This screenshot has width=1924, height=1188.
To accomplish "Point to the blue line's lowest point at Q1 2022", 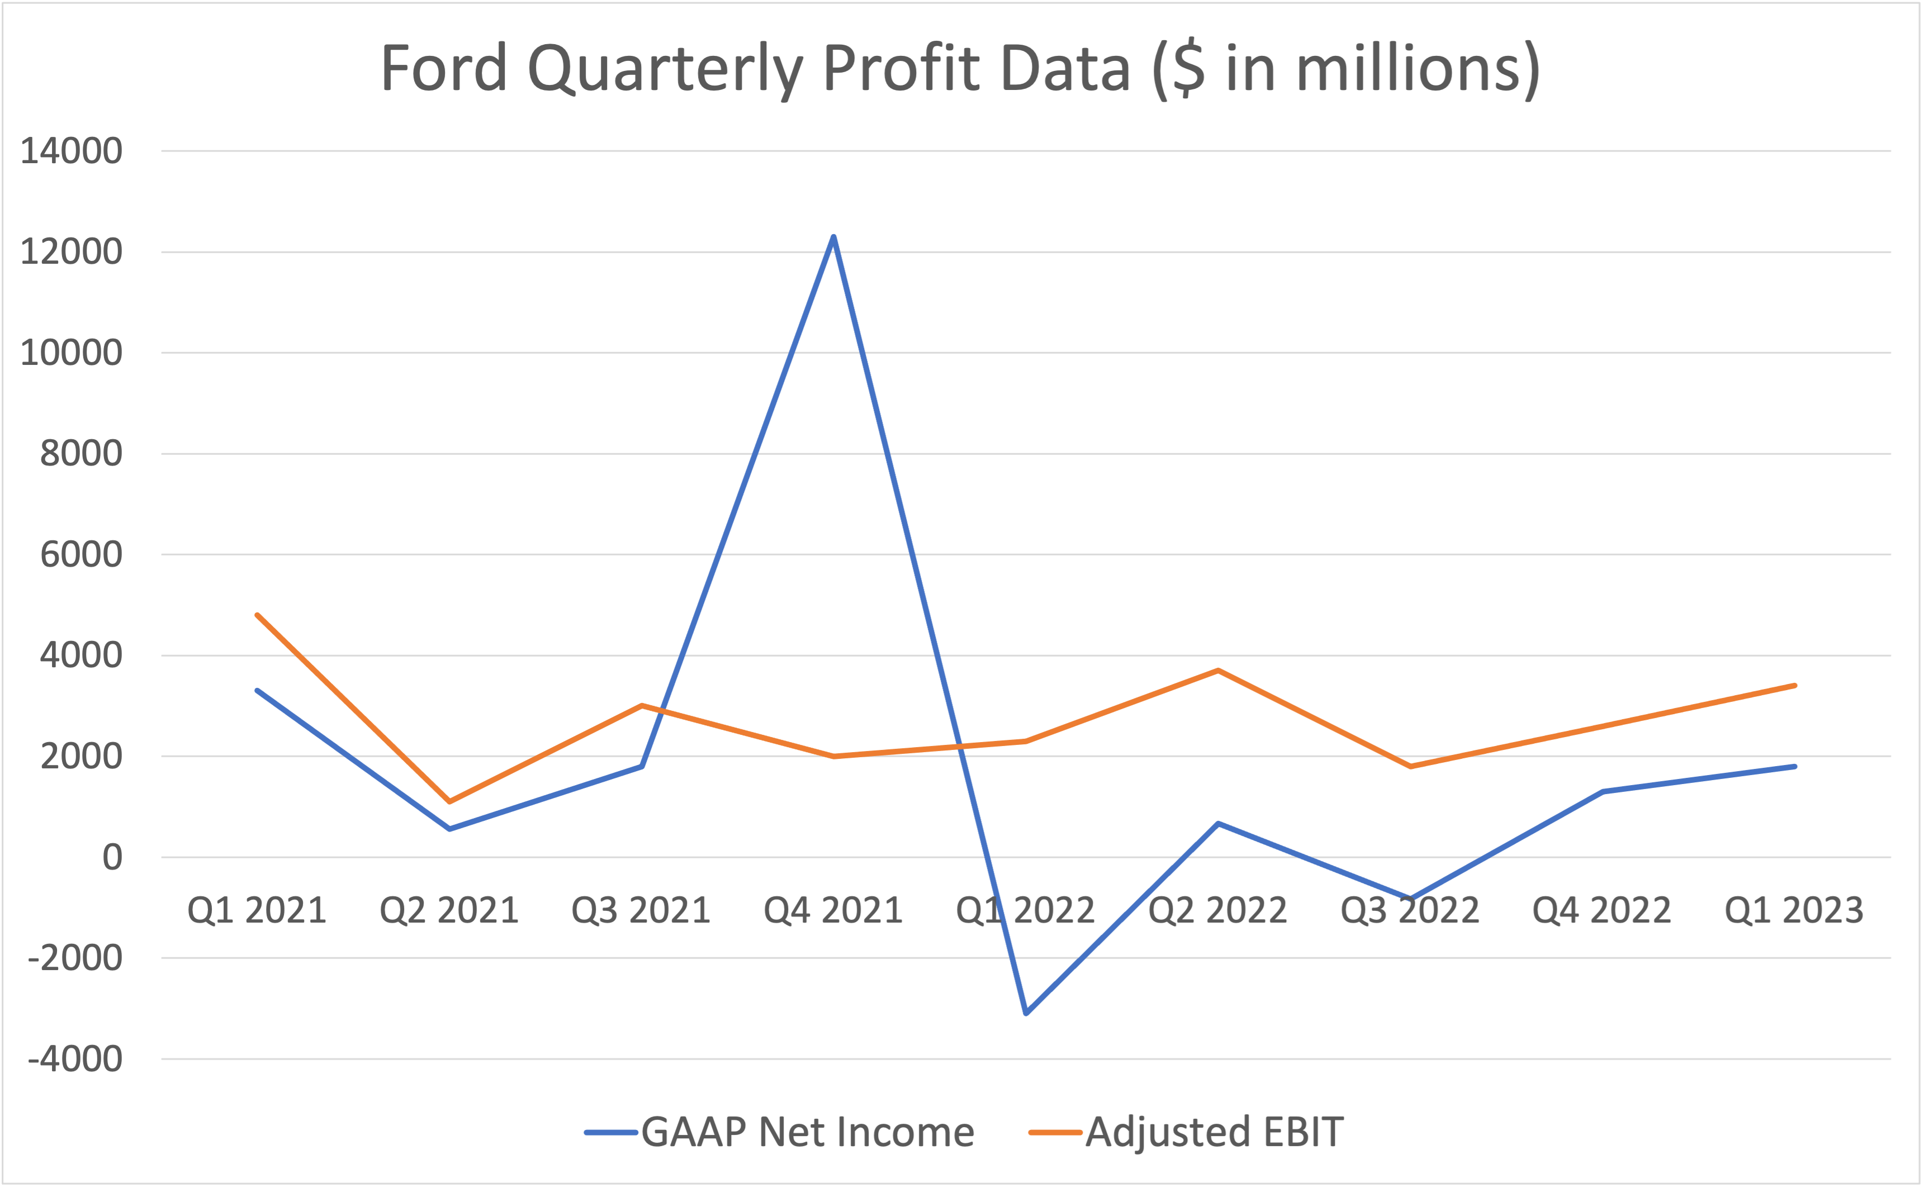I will point(1026,1013).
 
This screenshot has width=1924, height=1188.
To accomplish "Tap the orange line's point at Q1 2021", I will point(257,615).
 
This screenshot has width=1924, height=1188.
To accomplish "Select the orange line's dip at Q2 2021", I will point(449,801).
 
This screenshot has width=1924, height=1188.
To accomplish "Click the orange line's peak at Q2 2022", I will point(1217,670).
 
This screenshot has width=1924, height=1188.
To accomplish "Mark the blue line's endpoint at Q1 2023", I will point(1794,766).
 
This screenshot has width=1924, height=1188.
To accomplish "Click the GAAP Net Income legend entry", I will point(807,1132).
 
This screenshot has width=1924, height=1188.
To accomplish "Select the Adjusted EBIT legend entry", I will point(1214,1132).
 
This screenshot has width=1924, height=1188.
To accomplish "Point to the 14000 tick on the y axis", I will point(71,151).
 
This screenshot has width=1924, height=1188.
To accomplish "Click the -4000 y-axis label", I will point(75,1059).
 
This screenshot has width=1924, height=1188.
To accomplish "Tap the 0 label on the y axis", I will point(112,857).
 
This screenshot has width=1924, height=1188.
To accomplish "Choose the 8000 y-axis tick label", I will point(81,453).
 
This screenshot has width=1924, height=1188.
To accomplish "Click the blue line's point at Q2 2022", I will point(1217,824).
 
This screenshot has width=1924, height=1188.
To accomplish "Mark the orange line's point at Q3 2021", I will point(641,706).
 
